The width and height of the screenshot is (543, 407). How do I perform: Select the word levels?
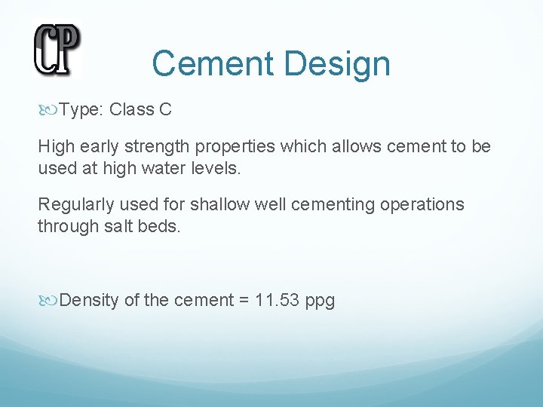(220, 167)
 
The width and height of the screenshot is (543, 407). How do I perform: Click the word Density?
(89, 301)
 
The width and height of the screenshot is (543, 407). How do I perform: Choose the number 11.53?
(278, 301)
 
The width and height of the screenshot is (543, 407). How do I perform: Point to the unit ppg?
(321, 301)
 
